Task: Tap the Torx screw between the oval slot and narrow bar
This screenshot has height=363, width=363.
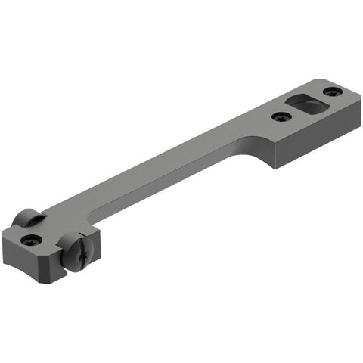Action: (x=281, y=117)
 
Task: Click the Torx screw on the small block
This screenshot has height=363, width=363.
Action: (x=32, y=240)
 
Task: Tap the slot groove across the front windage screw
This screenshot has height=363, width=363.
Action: (x=70, y=250)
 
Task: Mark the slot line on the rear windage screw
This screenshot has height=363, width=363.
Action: (x=28, y=217)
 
